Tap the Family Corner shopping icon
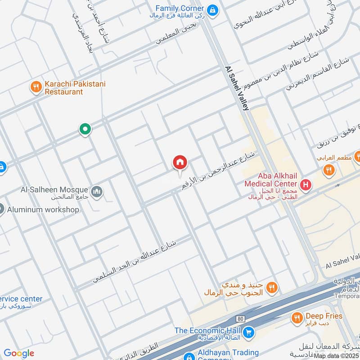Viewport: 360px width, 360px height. pyautogui.click(x=213, y=9)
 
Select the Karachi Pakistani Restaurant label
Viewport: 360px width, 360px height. pyautogui.click(x=63, y=88)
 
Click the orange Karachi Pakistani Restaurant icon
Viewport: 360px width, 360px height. pyautogui.click(x=36, y=87)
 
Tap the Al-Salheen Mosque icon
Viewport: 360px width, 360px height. pyautogui.click(x=96, y=192)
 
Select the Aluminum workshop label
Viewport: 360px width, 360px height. pyautogui.click(x=43, y=209)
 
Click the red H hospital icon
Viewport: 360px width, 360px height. pyautogui.click(x=306, y=184)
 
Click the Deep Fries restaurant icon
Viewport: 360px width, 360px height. pyautogui.click(x=297, y=319)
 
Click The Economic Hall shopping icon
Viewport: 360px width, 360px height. pyautogui.click(x=248, y=333)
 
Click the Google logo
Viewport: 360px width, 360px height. pyautogui.click(x=19, y=353)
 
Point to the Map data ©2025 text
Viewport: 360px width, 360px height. pyautogui.click(x=336, y=355)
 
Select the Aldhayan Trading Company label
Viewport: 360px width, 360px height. pyautogui.click(x=229, y=353)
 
